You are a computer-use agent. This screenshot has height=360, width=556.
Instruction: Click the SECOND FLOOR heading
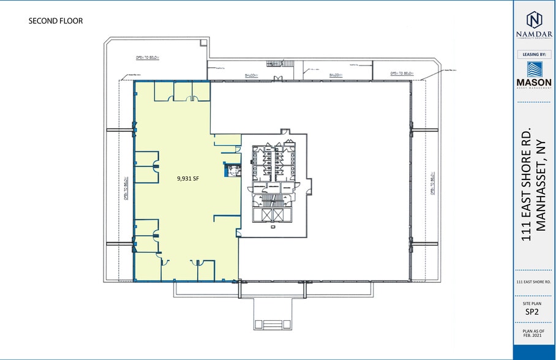click(x=56, y=21)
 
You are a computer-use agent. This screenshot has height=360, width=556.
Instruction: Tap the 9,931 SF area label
click(x=188, y=179)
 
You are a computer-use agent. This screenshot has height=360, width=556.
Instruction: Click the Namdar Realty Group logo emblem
click(x=534, y=21)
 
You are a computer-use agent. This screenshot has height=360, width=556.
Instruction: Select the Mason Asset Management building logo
click(x=534, y=70)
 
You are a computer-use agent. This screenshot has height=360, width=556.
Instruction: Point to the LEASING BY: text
click(x=534, y=54)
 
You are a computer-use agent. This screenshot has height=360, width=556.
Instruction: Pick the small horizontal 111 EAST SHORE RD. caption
click(x=534, y=282)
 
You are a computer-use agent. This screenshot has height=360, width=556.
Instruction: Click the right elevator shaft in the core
click(x=278, y=216)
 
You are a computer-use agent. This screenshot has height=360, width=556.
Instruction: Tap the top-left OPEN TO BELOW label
click(x=148, y=58)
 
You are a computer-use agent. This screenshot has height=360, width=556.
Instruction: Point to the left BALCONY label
click(x=252, y=77)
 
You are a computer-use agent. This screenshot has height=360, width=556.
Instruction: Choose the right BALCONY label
click(x=335, y=75)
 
